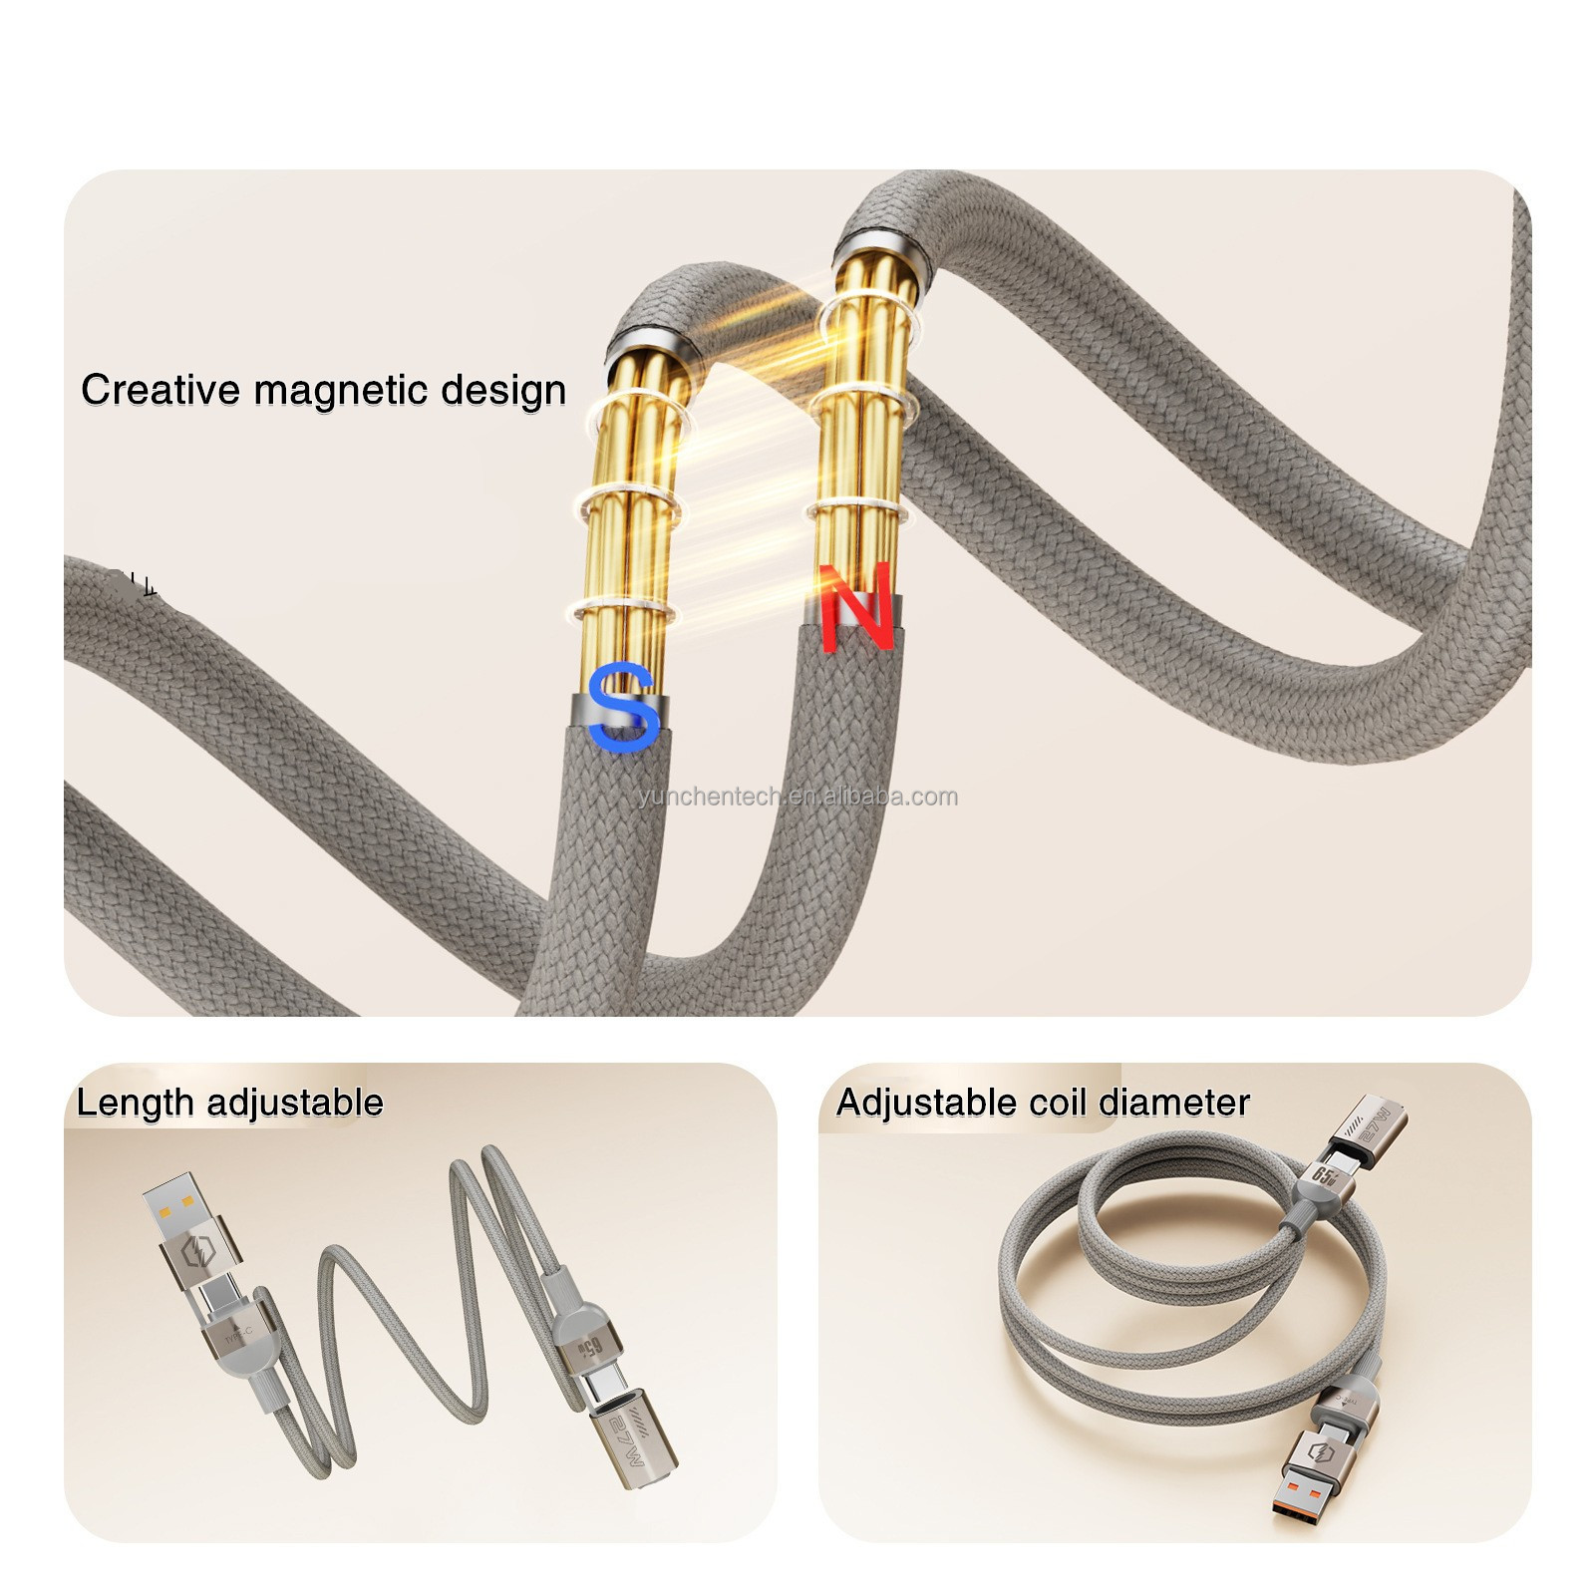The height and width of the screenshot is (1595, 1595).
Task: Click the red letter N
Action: click(x=856, y=607)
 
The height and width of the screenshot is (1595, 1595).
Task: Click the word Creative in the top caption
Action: click(x=161, y=389)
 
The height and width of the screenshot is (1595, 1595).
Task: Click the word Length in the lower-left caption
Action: click(x=136, y=1103)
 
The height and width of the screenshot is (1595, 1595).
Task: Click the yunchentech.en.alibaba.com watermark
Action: click(x=797, y=797)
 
